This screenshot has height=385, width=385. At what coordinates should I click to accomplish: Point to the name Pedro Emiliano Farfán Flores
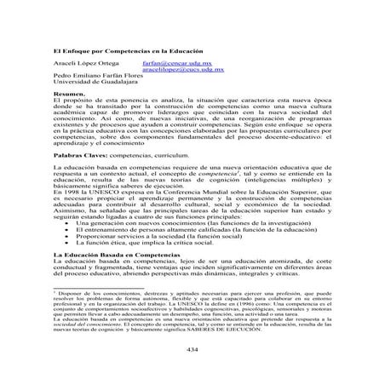(100, 78)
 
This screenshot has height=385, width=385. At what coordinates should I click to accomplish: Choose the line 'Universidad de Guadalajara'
(90, 85)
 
